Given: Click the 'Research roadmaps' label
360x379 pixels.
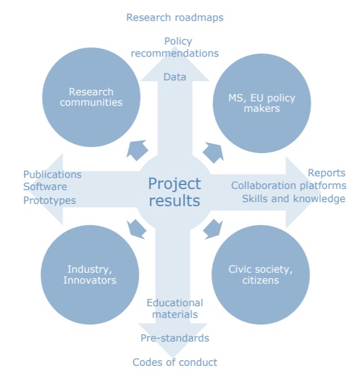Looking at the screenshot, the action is [x=175, y=18].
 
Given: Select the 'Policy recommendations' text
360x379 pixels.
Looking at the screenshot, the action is [x=175, y=47].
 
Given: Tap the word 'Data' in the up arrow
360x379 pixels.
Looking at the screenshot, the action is [x=175, y=77].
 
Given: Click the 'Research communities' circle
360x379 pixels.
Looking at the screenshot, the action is [x=91, y=97].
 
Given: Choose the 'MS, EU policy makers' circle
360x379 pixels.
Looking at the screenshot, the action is [x=262, y=103].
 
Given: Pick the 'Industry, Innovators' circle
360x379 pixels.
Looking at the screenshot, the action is [x=90, y=275].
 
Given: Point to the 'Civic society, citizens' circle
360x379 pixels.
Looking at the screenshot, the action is [x=260, y=275].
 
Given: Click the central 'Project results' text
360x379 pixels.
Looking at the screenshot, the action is [x=174, y=192].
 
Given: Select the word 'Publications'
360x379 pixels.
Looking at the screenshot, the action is [x=52, y=174].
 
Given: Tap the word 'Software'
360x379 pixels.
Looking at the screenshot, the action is [x=45, y=186].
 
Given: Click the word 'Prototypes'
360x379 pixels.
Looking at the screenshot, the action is [x=50, y=200].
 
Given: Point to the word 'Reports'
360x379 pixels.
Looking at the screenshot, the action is [x=327, y=173].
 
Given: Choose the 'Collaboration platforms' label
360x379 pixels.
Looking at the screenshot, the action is [x=289, y=186].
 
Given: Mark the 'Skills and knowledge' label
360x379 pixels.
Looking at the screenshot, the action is [x=294, y=199].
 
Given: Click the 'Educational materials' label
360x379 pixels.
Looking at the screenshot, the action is [x=175, y=309].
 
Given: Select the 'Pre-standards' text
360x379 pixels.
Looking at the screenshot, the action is [x=175, y=338].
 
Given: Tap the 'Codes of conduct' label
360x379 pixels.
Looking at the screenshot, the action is [x=175, y=362].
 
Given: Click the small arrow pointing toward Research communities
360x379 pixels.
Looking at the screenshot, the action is [x=137, y=151].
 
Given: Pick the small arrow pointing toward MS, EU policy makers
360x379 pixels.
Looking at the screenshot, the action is [x=213, y=152].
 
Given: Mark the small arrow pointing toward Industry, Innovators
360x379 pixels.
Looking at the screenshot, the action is [x=137, y=229].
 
